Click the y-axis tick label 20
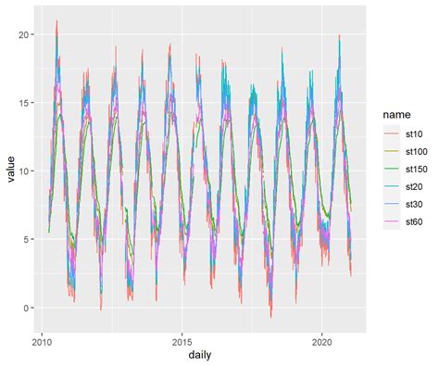(x=24, y=34)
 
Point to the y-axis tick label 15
(x=24, y=103)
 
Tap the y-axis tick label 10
(x=24, y=171)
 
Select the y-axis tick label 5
(x=28, y=240)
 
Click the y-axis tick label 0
(x=28, y=309)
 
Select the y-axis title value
(x=9, y=171)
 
